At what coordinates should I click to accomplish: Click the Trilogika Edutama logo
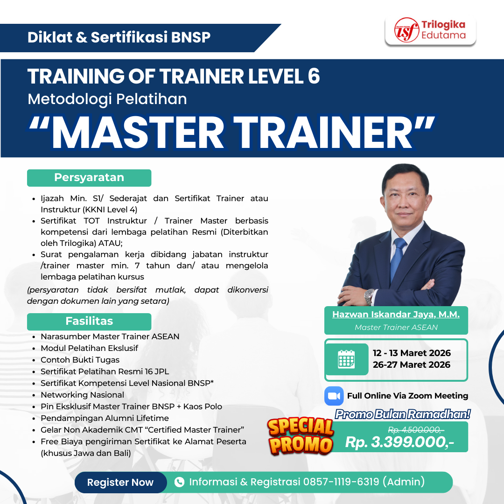click(x=430, y=31)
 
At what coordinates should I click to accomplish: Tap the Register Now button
click(x=120, y=483)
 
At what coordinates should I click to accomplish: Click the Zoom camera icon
click(x=334, y=396)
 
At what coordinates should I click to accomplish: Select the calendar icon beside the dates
click(x=346, y=359)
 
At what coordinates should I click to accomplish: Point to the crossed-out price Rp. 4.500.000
click(x=416, y=430)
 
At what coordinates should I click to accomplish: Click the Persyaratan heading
click(x=89, y=178)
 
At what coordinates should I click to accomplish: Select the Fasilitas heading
click(x=89, y=321)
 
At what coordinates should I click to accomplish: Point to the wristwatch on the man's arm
click(x=369, y=296)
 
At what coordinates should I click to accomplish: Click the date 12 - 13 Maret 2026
click(x=411, y=353)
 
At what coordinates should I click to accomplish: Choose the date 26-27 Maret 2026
click(x=411, y=365)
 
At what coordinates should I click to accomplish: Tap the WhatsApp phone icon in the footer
click(x=179, y=482)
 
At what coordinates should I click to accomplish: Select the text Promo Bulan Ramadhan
click(x=403, y=414)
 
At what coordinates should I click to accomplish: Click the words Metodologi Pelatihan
click(x=107, y=99)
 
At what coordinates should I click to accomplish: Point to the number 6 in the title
click(x=314, y=76)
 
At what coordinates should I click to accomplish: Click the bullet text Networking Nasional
click(x=82, y=395)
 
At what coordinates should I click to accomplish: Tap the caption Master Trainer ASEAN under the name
click(x=396, y=327)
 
